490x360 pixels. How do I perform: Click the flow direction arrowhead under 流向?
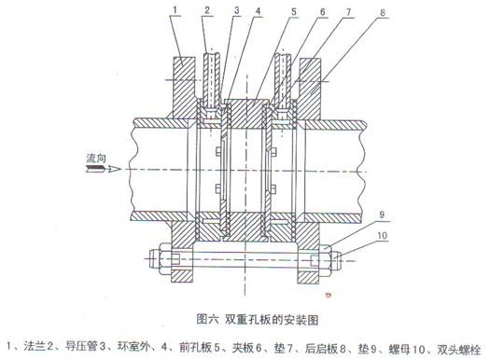tap(117, 169)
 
